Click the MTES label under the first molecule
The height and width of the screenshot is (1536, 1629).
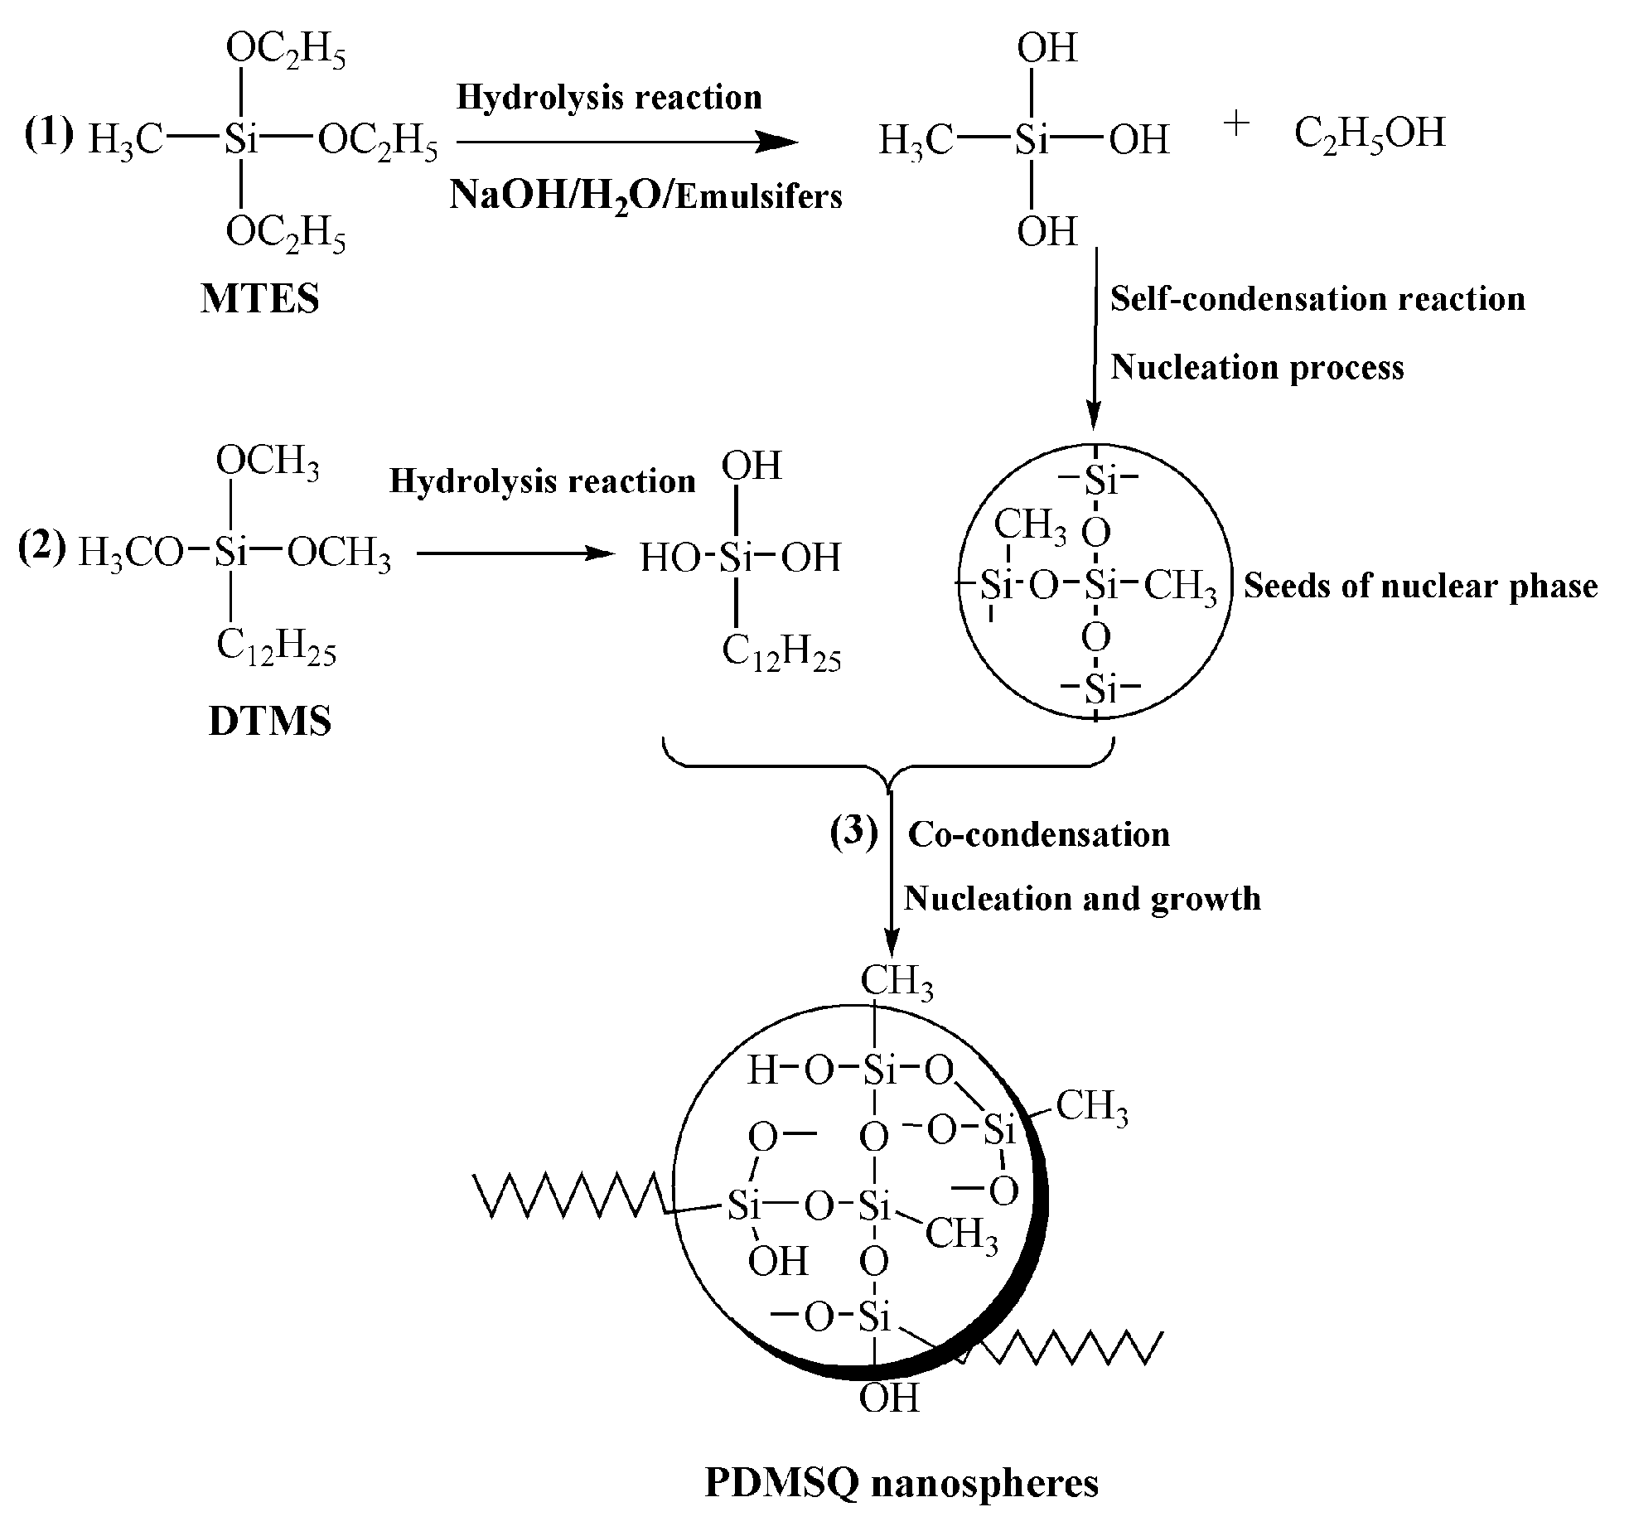(259, 298)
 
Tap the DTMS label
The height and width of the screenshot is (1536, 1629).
(270, 721)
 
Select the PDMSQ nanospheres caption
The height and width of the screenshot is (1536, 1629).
(901, 1482)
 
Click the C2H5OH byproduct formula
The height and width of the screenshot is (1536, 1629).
(1370, 133)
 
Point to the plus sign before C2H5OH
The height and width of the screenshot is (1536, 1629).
(1235, 125)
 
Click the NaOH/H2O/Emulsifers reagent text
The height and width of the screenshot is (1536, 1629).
(645, 196)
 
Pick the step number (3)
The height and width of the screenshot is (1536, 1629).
(853, 833)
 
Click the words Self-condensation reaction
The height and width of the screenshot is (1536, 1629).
(1317, 299)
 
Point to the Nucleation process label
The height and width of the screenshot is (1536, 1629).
(1257, 367)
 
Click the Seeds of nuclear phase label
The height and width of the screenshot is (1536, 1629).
(1420, 586)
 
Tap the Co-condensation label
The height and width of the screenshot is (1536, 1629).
(1039, 834)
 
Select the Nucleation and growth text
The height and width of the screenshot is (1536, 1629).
(1082, 898)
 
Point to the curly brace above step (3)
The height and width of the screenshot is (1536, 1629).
(890, 766)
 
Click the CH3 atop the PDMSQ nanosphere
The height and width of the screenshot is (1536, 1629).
(897, 983)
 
